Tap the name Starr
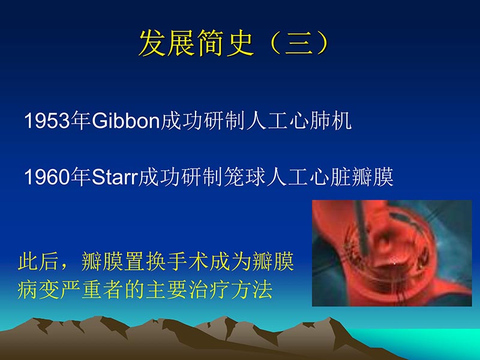115,178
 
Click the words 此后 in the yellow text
38,263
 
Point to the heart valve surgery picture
392,253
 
